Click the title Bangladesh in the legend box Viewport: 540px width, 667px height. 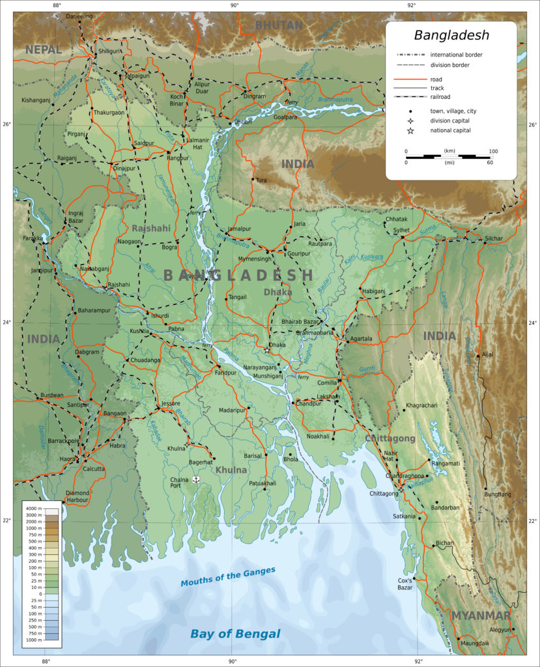(451, 35)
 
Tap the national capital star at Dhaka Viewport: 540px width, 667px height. (267, 350)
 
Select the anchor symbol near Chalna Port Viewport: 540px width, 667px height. (195, 479)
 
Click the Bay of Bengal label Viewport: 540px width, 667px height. (235, 634)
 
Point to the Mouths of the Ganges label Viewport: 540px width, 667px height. (228, 576)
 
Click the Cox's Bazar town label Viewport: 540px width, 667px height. (405, 584)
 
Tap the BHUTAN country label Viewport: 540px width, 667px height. (279, 25)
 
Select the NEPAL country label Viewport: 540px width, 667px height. (44, 50)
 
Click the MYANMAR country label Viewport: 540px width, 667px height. (481, 616)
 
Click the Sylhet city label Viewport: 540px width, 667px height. (401, 230)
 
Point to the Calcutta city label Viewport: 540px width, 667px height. (94, 468)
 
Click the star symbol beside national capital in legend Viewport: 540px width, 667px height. (410, 131)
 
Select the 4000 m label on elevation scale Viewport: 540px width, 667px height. (33, 507)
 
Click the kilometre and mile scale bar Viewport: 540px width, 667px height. (449, 156)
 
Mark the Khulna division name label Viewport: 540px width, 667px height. (231, 470)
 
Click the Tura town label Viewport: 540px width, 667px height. (261, 180)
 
